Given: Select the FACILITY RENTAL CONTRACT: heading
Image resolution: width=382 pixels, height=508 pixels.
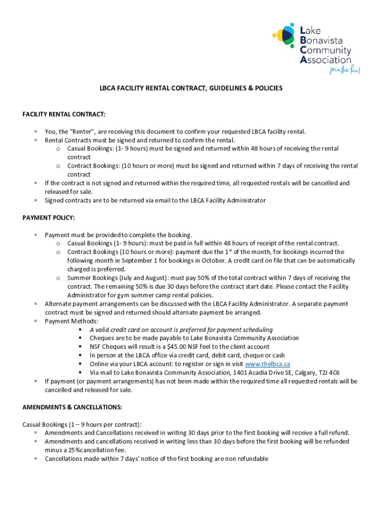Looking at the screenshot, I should [x=64, y=115].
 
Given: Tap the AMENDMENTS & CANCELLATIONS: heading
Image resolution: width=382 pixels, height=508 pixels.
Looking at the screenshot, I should [x=72, y=407].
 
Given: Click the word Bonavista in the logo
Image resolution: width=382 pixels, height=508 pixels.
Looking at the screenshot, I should [x=324, y=40].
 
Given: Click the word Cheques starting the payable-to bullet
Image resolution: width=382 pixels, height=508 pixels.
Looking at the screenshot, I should [x=101, y=338].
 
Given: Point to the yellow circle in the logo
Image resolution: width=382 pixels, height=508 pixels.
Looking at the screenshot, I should [x=279, y=35].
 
